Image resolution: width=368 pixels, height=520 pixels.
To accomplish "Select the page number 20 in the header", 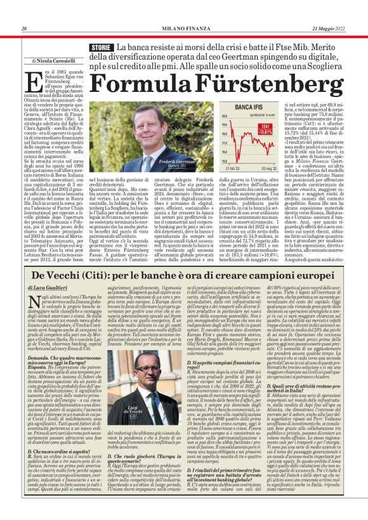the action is click(24, 29).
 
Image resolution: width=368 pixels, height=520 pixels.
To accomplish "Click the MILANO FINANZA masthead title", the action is click(184, 29).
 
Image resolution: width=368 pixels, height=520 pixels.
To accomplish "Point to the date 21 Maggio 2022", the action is click(331, 29).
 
